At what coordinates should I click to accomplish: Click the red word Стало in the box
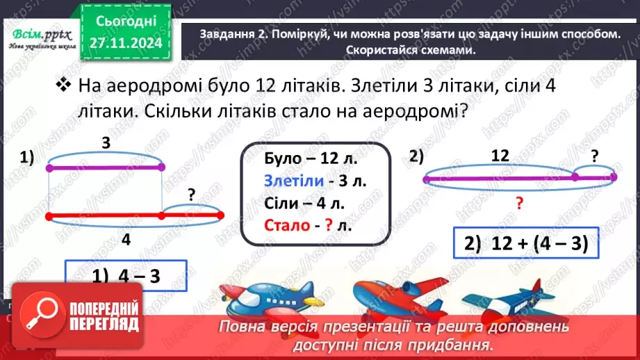(x=284, y=226)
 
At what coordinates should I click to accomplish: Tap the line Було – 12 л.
(x=311, y=159)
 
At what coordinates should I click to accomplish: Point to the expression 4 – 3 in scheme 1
(x=126, y=276)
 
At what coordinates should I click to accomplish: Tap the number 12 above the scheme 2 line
(x=500, y=156)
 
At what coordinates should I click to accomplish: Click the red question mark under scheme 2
(x=518, y=203)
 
